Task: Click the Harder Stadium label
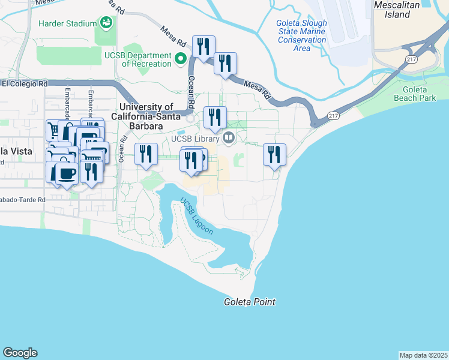pyautogui.click(x=67, y=23)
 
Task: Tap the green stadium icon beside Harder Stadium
pyautogui.click(x=106, y=23)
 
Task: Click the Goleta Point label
pyautogui.click(x=250, y=302)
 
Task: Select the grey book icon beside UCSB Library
pyautogui.click(x=228, y=138)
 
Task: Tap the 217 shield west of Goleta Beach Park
pyautogui.click(x=333, y=115)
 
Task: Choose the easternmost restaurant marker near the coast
pyautogui.click(x=274, y=155)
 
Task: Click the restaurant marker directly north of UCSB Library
pyautogui.click(x=215, y=117)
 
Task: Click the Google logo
pyautogui.click(x=20, y=353)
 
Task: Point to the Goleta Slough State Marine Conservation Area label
pyautogui.click(x=301, y=35)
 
